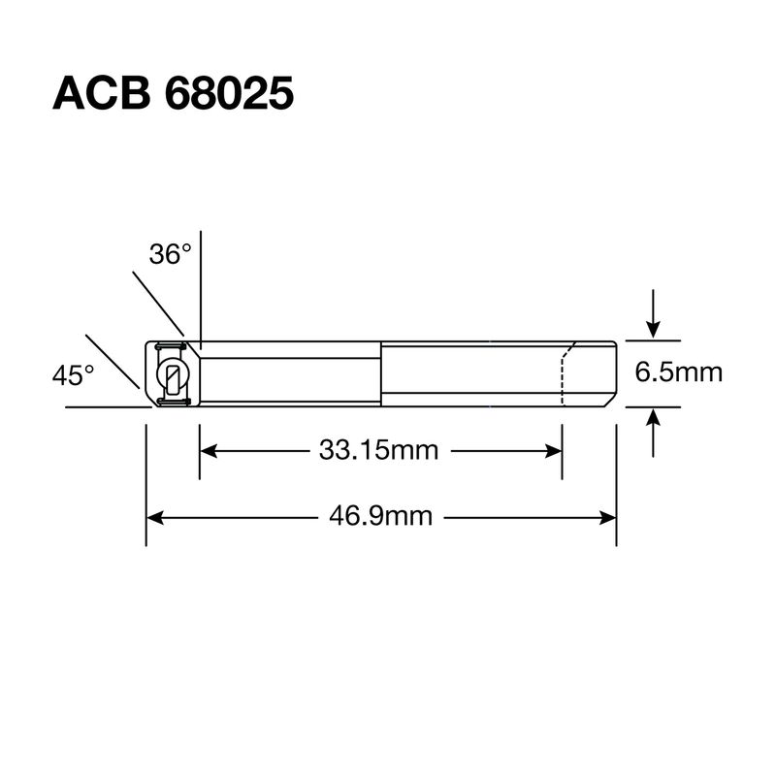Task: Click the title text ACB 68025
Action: (173, 93)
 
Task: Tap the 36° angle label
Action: (170, 254)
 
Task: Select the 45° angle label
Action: (73, 374)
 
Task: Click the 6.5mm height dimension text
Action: (678, 372)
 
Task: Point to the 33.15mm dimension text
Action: (378, 450)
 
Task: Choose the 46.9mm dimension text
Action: (380, 517)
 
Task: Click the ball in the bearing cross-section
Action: (173, 374)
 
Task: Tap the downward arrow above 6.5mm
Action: (653, 313)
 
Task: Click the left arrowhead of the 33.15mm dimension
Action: (208, 451)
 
